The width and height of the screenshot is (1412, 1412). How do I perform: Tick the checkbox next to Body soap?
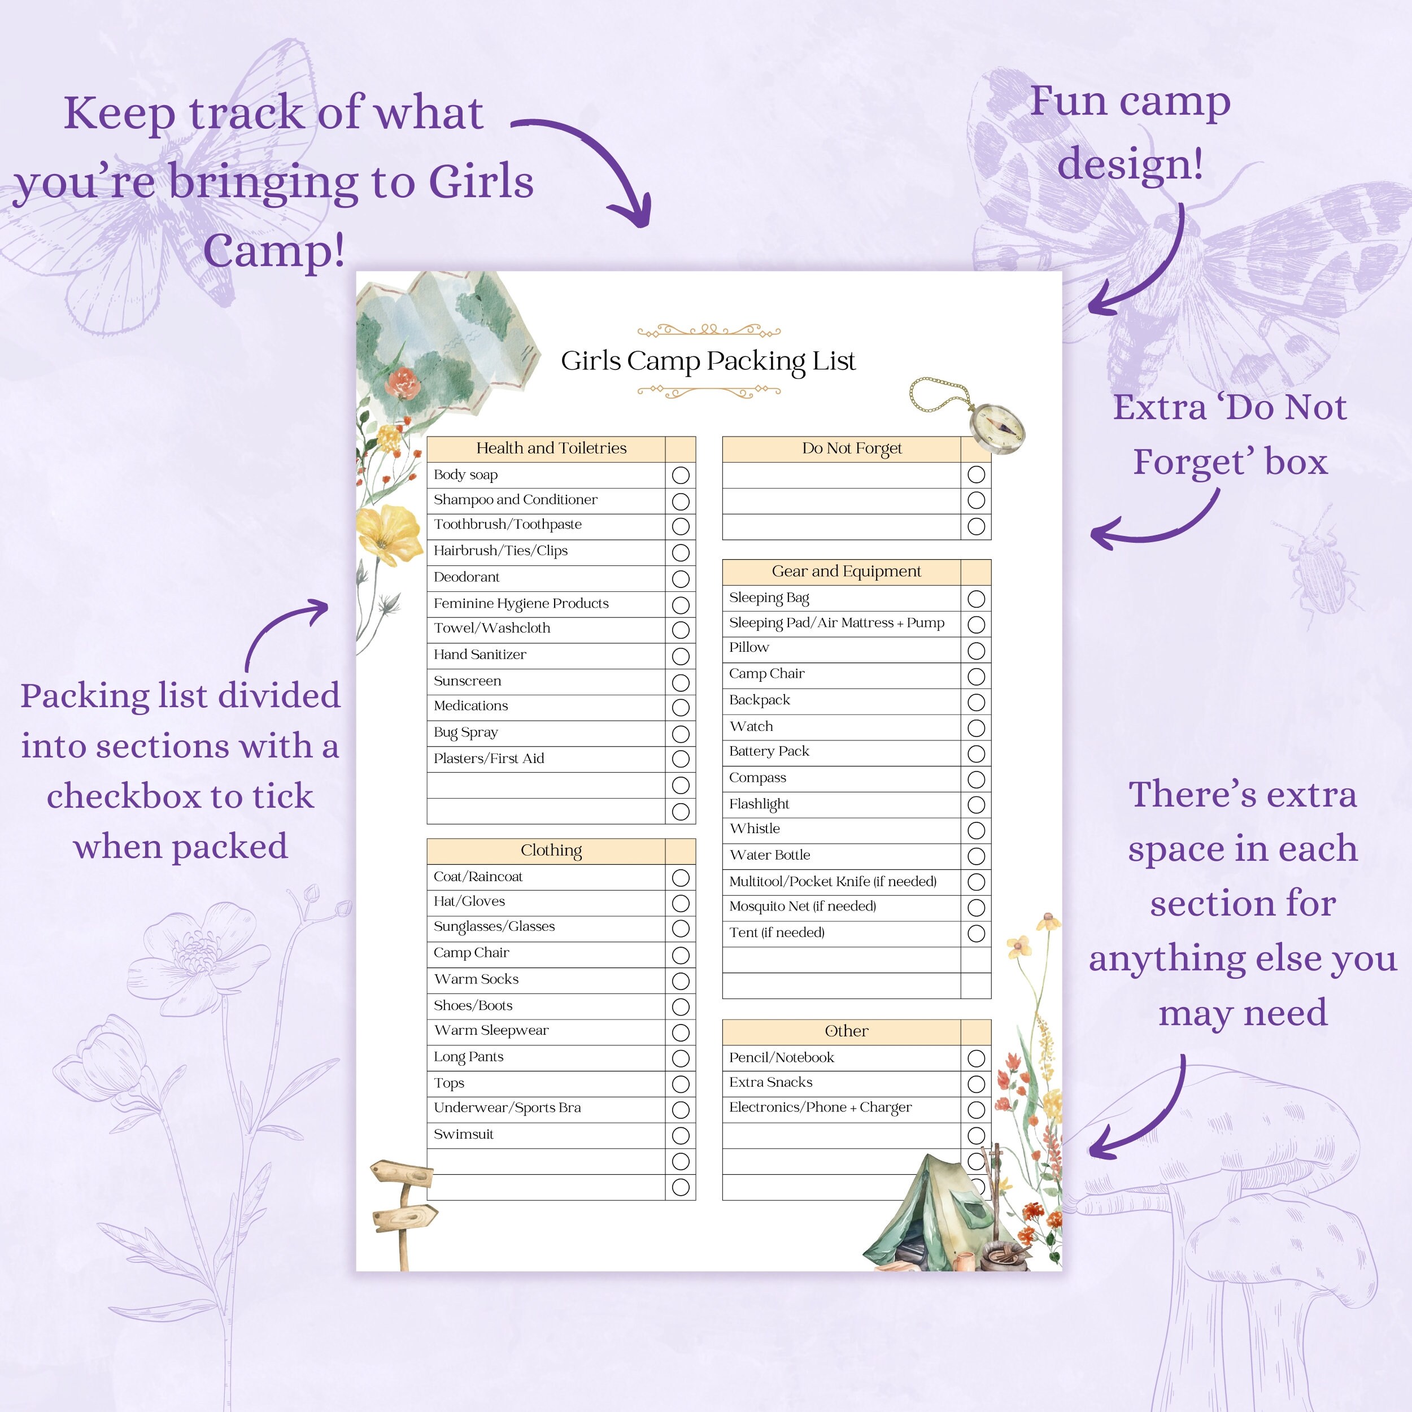[681, 475]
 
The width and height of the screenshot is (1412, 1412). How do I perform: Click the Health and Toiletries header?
[551, 448]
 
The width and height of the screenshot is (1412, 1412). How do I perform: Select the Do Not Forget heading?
[852, 448]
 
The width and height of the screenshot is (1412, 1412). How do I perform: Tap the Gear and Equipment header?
[846, 571]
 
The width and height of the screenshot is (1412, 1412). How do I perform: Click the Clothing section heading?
[551, 850]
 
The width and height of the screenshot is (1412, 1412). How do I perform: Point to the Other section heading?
[846, 1031]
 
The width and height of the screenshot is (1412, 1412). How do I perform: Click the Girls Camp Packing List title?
[708, 361]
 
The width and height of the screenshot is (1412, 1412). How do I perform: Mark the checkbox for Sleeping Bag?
[975, 599]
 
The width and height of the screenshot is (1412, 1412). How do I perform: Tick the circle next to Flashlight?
[975, 805]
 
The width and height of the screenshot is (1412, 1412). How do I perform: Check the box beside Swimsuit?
[681, 1135]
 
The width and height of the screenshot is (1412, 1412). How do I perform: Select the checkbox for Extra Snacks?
[975, 1084]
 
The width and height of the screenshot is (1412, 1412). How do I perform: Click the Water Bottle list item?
[770, 855]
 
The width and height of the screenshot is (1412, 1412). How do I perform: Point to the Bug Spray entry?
[465, 731]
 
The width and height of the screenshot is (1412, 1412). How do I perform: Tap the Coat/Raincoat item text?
[478, 877]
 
